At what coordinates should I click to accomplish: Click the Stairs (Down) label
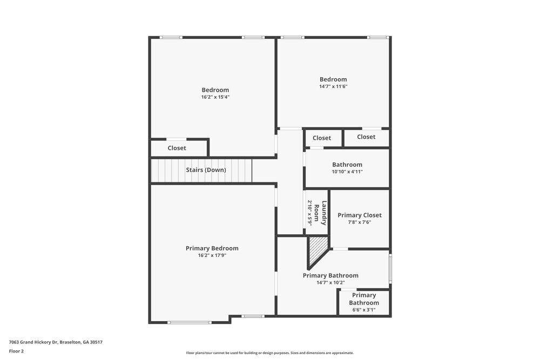point(206,170)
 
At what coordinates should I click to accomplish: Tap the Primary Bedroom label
point(212,248)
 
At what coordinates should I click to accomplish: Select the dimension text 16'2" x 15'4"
point(215,97)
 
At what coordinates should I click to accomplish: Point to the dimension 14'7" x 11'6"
point(333,86)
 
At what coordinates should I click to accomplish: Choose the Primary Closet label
point(360,215)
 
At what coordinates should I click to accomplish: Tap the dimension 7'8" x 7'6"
point(360,222)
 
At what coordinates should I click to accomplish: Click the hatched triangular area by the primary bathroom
point(316,249)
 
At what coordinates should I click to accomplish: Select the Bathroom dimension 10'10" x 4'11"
point(347,172)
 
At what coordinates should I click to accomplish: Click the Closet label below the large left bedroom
point(177,148)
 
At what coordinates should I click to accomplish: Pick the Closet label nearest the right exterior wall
point(366,137)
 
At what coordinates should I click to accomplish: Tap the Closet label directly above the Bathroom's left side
point(322,138)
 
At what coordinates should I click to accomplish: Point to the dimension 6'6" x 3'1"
point(364,310)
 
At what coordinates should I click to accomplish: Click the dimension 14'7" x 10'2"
point(330,282)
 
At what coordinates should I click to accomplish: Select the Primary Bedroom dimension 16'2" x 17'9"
point(212,255)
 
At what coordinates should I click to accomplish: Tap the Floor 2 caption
point(16,351)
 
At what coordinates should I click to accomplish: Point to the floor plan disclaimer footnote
point(270,353)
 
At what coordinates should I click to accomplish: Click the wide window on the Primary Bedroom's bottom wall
point(189,322)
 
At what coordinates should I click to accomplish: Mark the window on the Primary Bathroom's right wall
point(390,269)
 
